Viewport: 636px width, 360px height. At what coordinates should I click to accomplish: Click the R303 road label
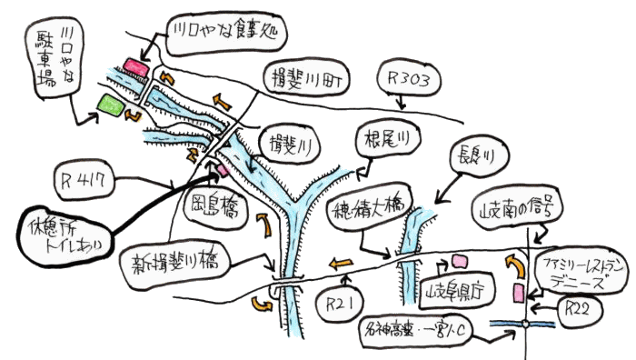pyautogui.click(x=408, y=79)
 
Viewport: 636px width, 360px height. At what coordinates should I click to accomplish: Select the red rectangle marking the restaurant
pyautogui.click(x=136, y=66)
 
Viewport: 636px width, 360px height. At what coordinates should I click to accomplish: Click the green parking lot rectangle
pyautogui.click(x=110, y=104)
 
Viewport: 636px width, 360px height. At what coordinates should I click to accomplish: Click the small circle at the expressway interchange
pyautogui.click(x=525, y=323)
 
